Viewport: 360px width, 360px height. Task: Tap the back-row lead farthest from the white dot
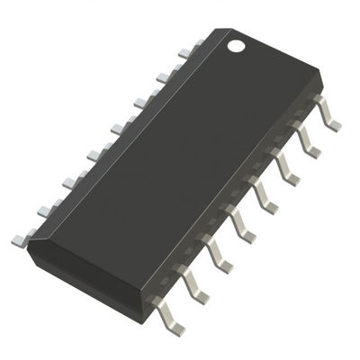tap(20, 238)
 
